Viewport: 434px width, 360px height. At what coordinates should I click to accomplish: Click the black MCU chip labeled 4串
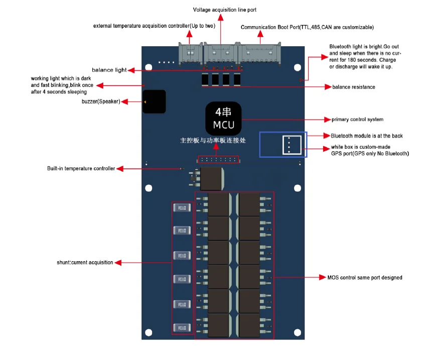click(224, 118)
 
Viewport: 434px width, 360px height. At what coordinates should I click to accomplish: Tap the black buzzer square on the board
click(154, 102)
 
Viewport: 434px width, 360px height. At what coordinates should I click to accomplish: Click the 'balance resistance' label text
click(353, 87)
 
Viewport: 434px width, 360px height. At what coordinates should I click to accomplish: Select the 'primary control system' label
click(357, 119)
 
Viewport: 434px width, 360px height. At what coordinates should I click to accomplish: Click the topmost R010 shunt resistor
click(182, 208)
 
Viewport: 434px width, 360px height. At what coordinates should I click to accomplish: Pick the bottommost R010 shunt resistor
click(182, 328)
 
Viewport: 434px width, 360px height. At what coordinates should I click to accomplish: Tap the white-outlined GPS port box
click(292, 145)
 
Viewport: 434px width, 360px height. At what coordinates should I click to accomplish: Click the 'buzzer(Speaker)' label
click(100, 102)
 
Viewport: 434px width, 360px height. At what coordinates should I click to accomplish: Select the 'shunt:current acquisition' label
click(85, 263)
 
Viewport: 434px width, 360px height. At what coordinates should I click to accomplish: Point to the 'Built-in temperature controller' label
click(81, 169)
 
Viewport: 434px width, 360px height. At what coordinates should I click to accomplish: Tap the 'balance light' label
click(109, 70)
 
